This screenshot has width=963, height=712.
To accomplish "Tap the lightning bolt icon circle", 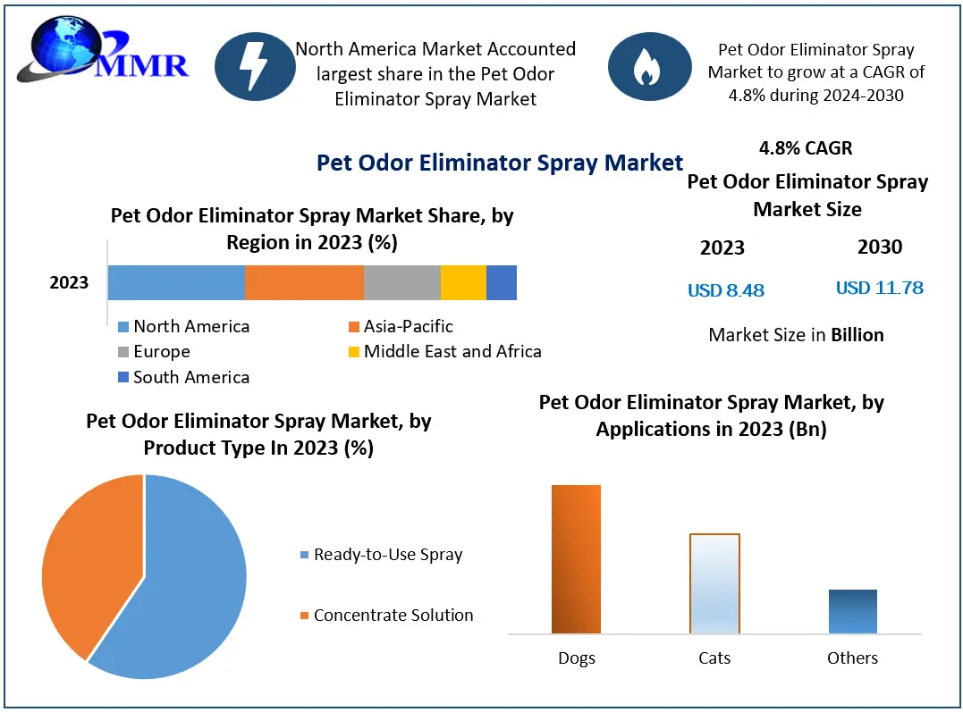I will coord(255,65).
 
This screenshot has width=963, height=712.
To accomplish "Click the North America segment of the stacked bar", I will coord(176,282).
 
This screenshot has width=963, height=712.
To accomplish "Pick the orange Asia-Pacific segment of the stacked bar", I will coord(304,282).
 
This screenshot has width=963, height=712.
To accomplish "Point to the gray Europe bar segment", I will coord(401,282).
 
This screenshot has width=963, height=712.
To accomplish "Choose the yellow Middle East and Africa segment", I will coord(463,282).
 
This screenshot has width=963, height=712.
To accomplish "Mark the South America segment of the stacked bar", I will coord(502,282).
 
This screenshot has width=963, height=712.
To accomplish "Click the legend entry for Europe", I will coord(161,352).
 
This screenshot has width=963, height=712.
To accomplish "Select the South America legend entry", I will coord(190,378).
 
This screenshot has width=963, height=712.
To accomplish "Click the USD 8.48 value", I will coord(726,290).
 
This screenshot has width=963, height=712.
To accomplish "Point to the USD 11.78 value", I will coord(879,289).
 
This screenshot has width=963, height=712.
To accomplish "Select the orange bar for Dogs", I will coord(576,559).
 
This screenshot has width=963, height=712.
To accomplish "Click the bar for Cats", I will coord(714,583).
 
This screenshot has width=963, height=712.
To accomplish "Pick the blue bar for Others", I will coord(852,612).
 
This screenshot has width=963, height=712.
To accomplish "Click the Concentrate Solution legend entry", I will coord(393,616).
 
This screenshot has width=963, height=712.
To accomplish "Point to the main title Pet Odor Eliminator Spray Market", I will coord(500,163).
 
